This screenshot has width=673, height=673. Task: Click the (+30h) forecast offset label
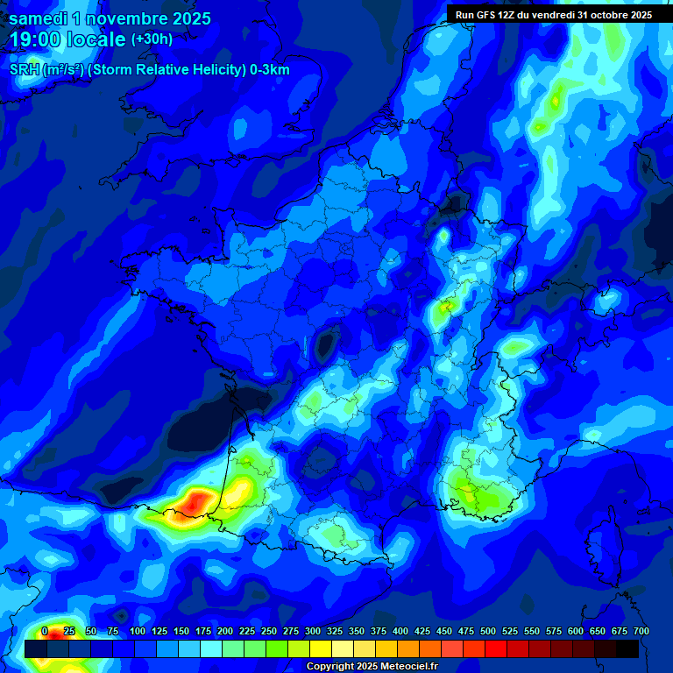point(152,39)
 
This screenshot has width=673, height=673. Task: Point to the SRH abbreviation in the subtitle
point(24,70)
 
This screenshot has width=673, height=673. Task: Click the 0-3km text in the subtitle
point(269,70)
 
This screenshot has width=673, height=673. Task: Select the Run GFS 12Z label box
point(554,15)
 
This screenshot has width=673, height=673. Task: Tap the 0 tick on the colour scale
point(45,631)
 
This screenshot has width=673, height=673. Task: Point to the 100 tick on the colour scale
point(138,631)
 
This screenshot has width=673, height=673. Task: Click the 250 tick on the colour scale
point(269,631)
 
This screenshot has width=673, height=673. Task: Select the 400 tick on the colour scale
point(400,631)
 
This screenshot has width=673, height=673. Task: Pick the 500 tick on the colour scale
point(488,631)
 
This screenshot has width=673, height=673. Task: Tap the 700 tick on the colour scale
point(641,631)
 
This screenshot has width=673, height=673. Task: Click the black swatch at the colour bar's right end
point(627,648)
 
